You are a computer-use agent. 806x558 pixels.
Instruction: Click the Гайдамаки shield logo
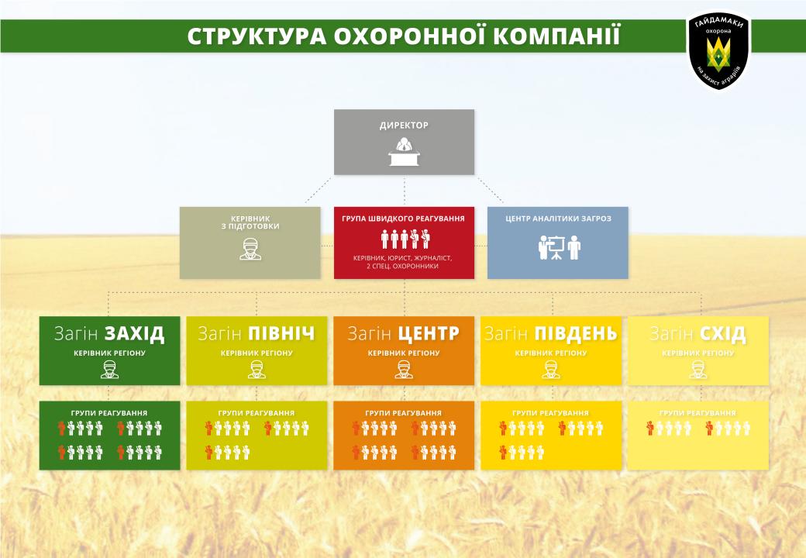pyautogui.click(x=719, y=50)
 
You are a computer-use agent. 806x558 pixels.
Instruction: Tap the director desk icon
pyautogui.click(x=404, y=152)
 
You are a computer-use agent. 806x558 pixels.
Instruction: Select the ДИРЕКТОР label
pyautogui.click(x=404, y=126)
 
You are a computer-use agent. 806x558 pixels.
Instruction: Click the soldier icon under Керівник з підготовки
pyautogui.click(x=250, y=250)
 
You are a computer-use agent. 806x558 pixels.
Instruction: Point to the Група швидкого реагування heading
pyautogui.click(x=404, y=219)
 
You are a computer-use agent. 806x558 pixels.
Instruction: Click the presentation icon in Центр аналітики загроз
pyautogui.click(x=558, y=248)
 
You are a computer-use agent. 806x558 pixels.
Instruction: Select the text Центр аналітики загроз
pyautogui.click(x=558, y=219)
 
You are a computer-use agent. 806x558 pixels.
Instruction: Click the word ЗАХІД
pyautogui.click(x=135, y=333)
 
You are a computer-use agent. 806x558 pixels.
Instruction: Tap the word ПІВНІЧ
pyautogui.click(x=281, y=333)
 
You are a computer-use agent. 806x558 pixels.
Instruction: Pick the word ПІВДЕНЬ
pyautogui.click(x=576, y=333)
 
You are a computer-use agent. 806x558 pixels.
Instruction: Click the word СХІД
pyautogui.click(x=722, y=333)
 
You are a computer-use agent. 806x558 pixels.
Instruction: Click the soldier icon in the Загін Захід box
pyautogui.click(x=109, y=370)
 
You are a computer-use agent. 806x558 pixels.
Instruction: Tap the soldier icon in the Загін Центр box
pyautogui.click(x=404, y=370)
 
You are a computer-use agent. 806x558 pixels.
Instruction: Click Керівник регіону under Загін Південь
pyautogui.click(x=551, y=353)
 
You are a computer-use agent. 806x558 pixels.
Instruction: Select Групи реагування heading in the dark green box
pyautogui.click(x=109, y=413)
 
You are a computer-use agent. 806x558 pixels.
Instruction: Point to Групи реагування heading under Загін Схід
pyautogui.click(x=698, y=413)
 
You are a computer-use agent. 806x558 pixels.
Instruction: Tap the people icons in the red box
pyautogui.click(x=405, y=239)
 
